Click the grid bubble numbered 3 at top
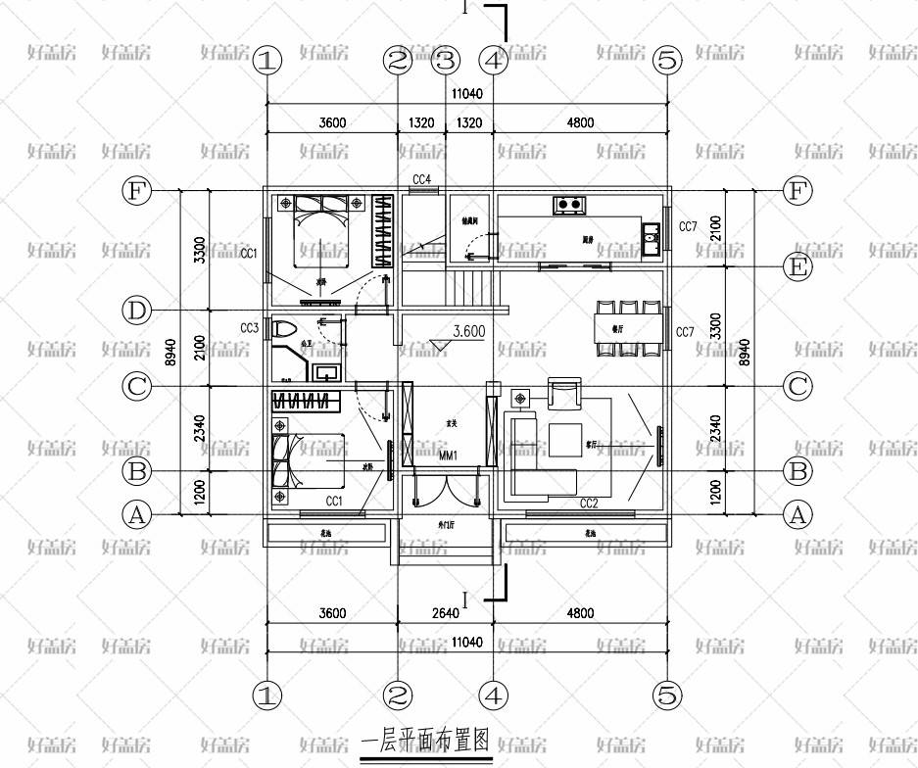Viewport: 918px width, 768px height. coord(446,61)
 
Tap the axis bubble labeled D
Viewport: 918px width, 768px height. coord(138,312)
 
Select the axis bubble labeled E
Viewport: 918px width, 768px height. coord(798,265)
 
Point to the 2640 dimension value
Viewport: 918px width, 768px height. coord(446,613)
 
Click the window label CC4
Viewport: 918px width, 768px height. coord(422,179)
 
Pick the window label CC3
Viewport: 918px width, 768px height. coord(249,328)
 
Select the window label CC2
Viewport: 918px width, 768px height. coord(589,504)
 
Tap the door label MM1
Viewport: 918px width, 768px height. coord(450,456)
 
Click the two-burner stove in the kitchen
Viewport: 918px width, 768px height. coord(570,205)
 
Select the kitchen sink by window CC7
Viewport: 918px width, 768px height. coord(651,234)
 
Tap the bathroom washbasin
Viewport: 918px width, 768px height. coord(326,371)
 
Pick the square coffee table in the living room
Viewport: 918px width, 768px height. coord(564,439)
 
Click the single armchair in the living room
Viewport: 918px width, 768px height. coord(564,393)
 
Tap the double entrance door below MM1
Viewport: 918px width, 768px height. coord(446,490)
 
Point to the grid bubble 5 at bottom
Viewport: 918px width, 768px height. coord(666,696)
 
